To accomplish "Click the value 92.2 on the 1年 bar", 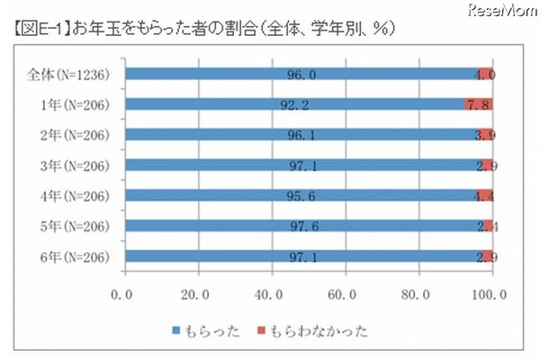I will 292,105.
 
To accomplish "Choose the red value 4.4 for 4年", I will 485,196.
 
